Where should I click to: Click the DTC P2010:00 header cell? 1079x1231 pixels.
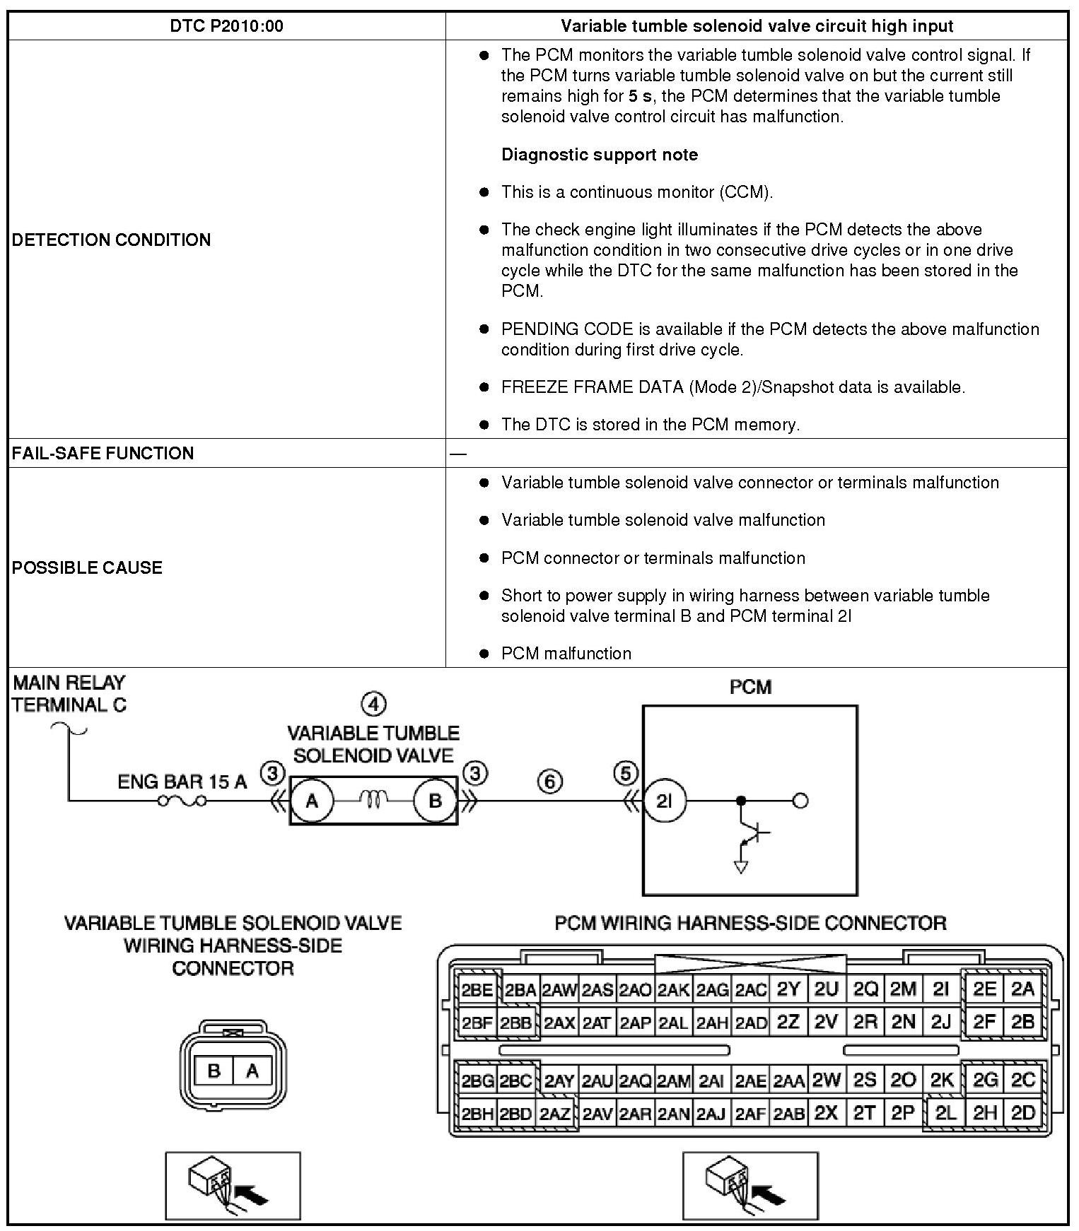coord(226,26)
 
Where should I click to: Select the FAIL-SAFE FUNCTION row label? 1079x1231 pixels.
coord(103,453)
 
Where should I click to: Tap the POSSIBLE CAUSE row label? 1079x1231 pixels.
coord(87,567)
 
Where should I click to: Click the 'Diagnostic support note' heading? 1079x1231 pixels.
coord(599,155)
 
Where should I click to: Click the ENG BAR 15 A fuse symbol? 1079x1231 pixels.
coord(182,801)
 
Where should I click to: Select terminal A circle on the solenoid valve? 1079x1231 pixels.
coord(311,801)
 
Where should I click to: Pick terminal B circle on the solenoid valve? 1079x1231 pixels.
coord(435,801)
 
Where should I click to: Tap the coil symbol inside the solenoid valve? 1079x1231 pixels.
coord(373,799)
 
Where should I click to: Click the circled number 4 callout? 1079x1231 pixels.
coord(373,704)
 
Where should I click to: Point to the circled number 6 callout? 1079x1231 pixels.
coord(550,782)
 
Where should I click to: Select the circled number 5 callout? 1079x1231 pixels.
coord(626,774)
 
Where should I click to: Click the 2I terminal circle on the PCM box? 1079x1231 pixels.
coord(664,801)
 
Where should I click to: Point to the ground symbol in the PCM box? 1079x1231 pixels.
coord(741,866)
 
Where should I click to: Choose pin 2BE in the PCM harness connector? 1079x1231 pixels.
coord(477,990)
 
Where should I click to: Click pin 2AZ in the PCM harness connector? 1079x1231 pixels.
coord(555,1114)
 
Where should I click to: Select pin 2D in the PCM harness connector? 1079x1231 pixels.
coord(1022,1113)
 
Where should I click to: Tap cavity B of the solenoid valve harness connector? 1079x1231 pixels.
coord(214,1071)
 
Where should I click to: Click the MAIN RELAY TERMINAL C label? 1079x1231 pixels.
coord(69,693)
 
